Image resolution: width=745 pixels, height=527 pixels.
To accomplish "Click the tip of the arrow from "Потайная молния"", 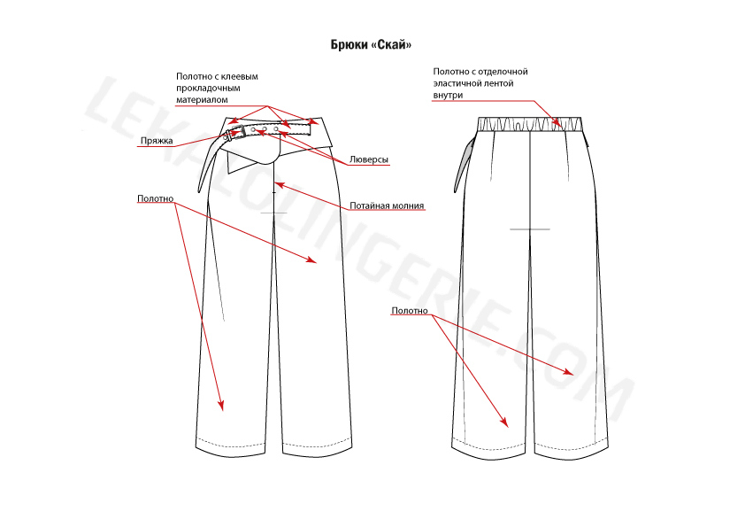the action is point(275,182).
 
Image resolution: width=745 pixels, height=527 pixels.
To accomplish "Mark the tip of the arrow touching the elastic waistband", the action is point(563,127).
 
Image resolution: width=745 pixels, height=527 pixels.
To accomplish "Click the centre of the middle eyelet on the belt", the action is point(265,129).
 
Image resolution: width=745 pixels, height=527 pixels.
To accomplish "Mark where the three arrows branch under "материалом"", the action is point(268,105).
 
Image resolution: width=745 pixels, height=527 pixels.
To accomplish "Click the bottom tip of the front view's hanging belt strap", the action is point(200,192).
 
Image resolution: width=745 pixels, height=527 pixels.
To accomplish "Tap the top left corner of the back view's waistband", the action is point(478,117).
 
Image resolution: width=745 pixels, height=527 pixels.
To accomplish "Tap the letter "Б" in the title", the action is point(334,44).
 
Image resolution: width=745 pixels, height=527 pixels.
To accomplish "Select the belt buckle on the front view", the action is point(237,132).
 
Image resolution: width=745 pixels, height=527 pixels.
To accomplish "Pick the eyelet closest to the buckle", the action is point(253,129).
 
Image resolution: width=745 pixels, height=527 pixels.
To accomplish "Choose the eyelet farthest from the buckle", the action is point(276,129).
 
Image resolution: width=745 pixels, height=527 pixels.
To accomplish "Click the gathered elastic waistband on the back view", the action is point(529,124).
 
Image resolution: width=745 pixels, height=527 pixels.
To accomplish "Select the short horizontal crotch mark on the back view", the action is point(530,229).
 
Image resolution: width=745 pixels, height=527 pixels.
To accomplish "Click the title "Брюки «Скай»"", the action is point(371,44).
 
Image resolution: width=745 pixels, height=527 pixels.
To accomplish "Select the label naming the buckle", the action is point(157,141).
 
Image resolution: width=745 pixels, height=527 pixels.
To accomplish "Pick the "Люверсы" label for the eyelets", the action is point(369,159).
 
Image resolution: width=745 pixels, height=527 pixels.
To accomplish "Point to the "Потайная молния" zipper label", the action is point(387,205).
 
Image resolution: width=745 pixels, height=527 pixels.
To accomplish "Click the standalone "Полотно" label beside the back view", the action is point(410,311).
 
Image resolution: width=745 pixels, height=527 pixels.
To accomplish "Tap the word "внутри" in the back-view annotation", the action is point(448,95).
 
